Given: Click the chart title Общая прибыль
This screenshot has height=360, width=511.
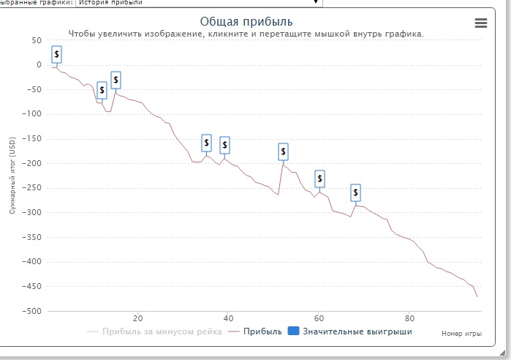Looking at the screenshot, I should point(246,21).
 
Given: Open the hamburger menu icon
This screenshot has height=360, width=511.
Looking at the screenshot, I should point(481,23).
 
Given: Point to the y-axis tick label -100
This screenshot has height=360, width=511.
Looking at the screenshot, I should point(31,114).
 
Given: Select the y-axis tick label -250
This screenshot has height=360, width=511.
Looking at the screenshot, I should point(31,188).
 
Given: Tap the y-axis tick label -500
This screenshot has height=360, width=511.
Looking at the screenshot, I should point(31,311).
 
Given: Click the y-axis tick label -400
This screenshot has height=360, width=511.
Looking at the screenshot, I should point(31,262).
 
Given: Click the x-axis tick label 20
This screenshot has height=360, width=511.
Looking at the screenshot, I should point(137,319).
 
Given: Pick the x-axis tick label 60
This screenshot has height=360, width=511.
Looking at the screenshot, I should point(319,319).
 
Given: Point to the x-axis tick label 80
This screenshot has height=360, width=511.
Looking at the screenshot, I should point(409,319).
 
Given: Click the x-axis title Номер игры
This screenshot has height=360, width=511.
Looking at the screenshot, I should point(461,334).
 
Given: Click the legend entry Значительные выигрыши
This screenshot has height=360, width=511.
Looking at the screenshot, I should point(357,331).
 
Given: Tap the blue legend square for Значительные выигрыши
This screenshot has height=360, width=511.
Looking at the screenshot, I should point(293,331).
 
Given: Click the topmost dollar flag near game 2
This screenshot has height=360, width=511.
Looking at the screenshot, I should point(57,54).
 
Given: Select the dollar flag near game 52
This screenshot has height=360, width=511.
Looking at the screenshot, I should point(284,151).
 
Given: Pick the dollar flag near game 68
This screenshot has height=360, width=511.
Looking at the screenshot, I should point(356,192).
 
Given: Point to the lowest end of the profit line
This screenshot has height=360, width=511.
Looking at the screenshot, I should point(477,297).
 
